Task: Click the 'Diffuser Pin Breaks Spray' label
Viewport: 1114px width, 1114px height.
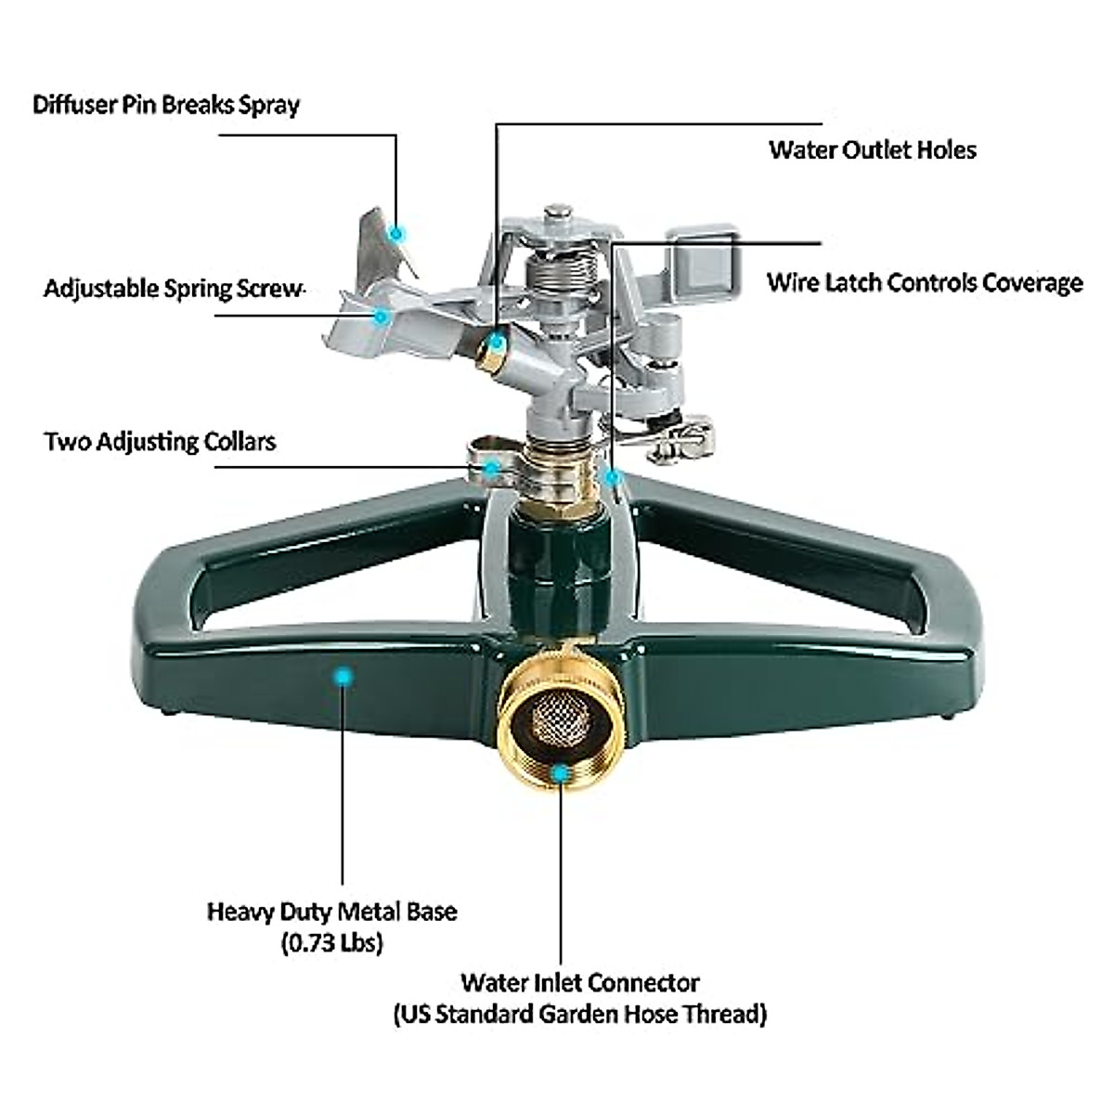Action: coord(166,104)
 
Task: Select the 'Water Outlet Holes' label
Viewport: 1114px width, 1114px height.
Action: coord(872,150)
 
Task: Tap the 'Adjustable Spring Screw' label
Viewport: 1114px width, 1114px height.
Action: coord(174,289)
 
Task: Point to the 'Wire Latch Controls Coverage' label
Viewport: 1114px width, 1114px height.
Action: coord(924,282)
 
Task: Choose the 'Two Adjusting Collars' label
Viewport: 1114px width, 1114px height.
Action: coord(160,441)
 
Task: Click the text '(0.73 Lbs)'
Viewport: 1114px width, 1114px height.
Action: coord(331,943)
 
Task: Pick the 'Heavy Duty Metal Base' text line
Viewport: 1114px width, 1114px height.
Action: coord(331,911)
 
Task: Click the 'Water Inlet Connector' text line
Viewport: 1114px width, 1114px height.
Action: coord(580,982)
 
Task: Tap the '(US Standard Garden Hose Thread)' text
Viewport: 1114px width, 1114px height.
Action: coord(580,1014)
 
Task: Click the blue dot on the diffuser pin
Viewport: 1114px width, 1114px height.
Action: coord(396,233)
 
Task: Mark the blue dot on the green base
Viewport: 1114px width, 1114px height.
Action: coord(343,678)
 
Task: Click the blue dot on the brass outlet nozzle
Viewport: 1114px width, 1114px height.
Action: coord(498,343)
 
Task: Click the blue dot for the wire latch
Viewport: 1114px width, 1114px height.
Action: coord(611,476)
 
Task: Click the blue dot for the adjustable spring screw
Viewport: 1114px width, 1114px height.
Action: coord(380,316)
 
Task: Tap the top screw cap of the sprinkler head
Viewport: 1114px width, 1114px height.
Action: coord(558,215)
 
